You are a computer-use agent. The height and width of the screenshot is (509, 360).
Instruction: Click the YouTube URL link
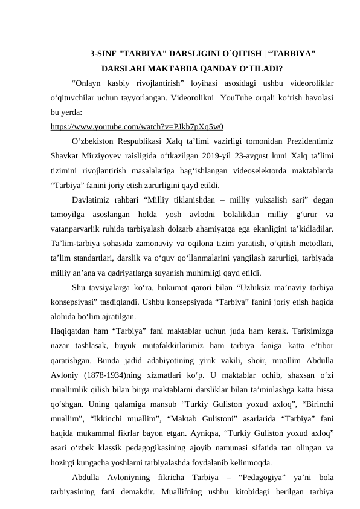click(138, 126)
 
